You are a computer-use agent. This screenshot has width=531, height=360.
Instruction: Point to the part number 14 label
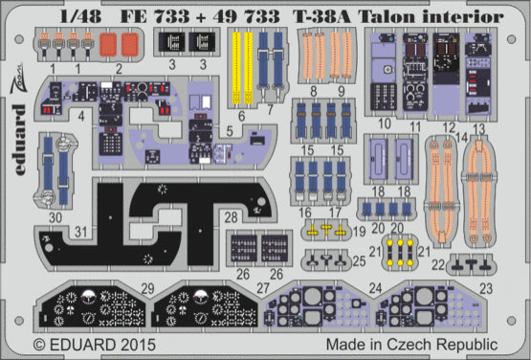tap(467, 138)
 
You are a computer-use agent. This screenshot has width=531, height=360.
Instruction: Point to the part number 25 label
tap(358, 259)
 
